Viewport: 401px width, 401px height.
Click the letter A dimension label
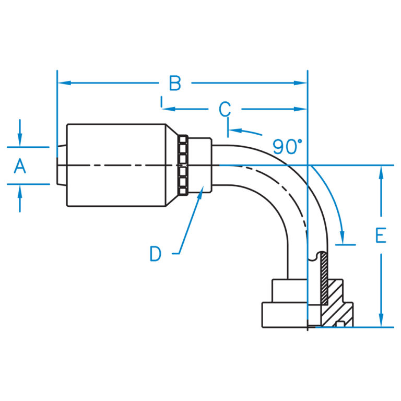point(19,167)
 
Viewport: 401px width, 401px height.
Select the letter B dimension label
point(175,84)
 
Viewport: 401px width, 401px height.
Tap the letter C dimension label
point(225,110)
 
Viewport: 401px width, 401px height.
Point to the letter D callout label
point(155,254)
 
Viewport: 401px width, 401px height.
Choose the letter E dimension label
point(381,236)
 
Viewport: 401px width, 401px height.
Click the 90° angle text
point(287,147)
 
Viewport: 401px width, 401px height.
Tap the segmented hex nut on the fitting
point(182,166)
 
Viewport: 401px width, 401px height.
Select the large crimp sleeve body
point(116,166)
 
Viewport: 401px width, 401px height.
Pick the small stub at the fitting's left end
point(62,165)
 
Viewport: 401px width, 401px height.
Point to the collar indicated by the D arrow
point(199,166)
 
